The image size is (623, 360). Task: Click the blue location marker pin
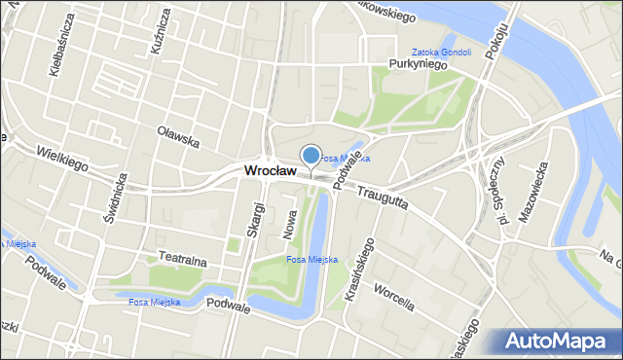[311, 155]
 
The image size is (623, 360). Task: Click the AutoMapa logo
[559, 342]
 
